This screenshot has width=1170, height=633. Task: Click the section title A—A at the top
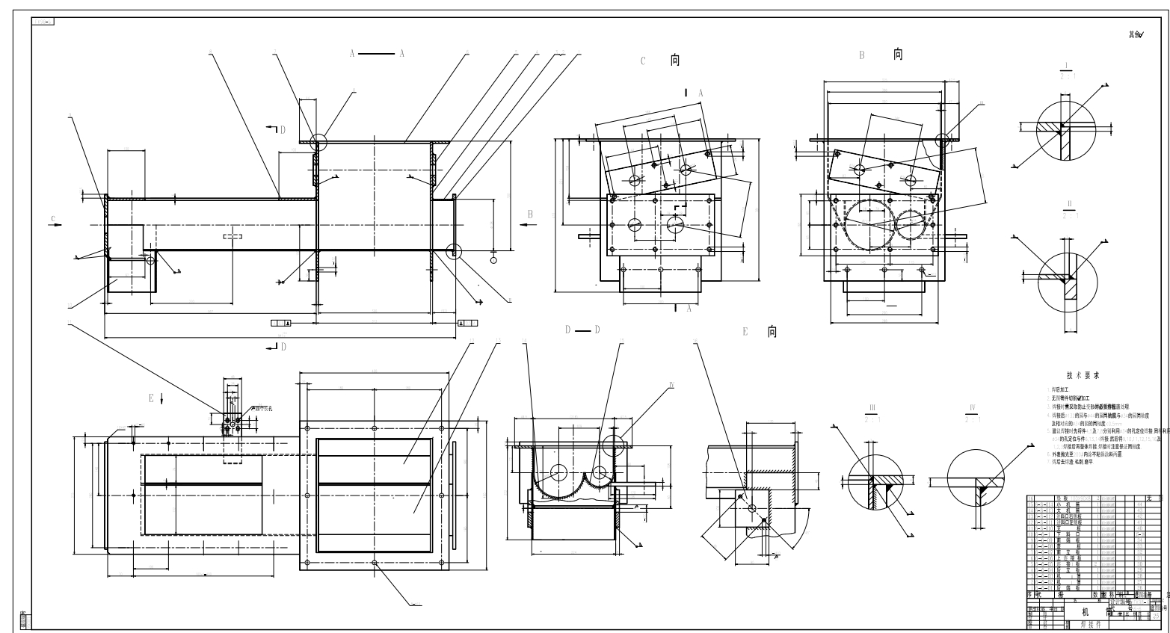(x=376, y=54)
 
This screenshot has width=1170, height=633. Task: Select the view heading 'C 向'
(x=661, y=61)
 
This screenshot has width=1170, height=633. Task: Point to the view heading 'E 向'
(x=759, y=332)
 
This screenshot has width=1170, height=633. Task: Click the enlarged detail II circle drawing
(x=1067, y=276)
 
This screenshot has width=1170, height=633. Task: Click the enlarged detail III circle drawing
(x=873, y=483)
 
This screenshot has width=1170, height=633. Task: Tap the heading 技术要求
(x=1083, y=377)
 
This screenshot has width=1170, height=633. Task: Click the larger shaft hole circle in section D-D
(x=558, y=472)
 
